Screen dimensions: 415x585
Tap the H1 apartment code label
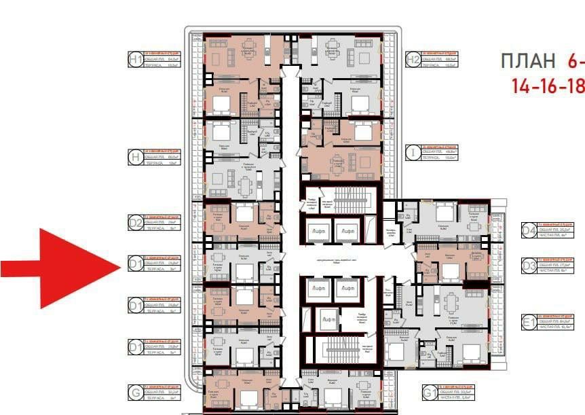136,60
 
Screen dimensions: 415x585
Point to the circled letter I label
412,152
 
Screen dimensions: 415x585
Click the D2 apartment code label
136,221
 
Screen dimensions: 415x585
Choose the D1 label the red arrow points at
136,264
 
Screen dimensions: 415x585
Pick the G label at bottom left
136,392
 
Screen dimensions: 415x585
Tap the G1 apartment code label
430,392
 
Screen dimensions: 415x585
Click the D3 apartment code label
529,265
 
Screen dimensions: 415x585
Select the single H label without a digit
136,158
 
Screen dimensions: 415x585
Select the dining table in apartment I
337,162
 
